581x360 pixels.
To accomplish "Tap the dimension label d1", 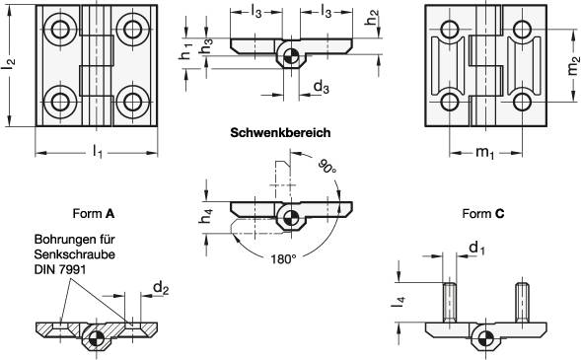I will pyautogui.click(x=477, y=247).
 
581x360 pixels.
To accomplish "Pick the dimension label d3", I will pyautogui.click(x=322, y=88).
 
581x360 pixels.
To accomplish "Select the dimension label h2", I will pyautogui.click(x=371, y=17).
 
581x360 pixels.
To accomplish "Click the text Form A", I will pyautogui.click(x=95, y=212).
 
